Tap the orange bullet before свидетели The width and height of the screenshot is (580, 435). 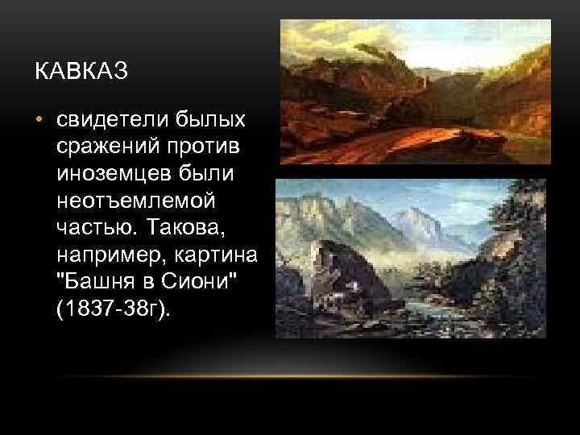click(38, 120)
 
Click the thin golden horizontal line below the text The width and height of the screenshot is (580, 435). click(290, 377)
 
